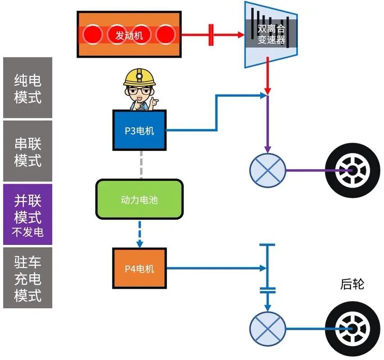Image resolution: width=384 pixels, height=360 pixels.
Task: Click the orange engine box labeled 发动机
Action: pos(128,35)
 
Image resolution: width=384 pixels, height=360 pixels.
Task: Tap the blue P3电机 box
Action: pos(140,130)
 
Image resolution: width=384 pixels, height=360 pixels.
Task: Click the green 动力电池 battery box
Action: pos(139,199)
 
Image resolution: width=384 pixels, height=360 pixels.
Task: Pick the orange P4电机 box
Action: pos(139,268)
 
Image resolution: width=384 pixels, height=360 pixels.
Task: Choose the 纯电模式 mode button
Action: pos(27,88)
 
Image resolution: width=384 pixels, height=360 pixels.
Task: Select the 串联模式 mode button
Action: pos(27,151)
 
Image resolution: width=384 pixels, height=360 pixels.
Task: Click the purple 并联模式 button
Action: pos(27,214)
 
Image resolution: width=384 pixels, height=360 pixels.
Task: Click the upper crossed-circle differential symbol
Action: pos(267,170)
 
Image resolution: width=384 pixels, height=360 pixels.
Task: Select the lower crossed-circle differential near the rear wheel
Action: pos(267,328)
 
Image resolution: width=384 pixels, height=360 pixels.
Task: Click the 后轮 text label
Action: pos(352,284)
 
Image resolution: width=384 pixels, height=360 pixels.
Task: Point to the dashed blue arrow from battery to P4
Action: pos(140,234)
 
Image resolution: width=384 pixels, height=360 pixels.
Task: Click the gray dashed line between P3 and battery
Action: pos(142,164)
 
